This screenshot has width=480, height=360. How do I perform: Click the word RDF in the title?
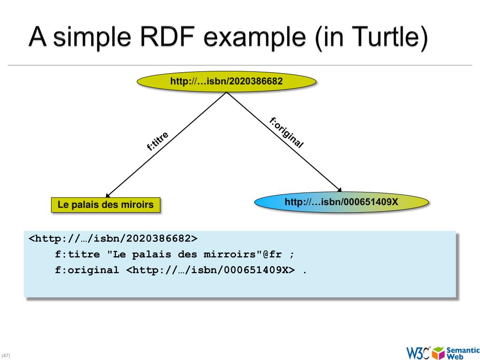[x=168, y=37]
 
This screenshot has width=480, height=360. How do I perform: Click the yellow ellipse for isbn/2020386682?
[x=227, y=81]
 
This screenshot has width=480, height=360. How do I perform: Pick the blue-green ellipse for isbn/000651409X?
[x=341, y=202]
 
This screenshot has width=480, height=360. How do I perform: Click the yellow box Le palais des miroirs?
[x=106, y=205]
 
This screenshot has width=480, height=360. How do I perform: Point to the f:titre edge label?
[x=157, y=141]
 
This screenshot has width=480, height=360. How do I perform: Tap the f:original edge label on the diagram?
[x=287, y=132]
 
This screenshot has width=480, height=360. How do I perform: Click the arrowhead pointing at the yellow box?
[x=107, y=195]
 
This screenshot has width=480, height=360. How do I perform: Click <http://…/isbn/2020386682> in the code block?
[x=113, y=238]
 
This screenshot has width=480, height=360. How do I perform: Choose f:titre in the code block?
[x=77, y=254]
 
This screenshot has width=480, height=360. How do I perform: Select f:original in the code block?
[x=87, y=270]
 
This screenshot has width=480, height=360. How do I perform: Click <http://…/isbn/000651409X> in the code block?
[x=211, y=270]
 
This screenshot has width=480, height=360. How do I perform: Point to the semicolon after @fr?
[x=292, y=255]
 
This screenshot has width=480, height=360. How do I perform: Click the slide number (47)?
[x=6, y=355]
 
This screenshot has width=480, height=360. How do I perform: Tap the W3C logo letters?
[x=419, y=353]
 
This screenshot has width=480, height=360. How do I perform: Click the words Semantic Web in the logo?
[x=463, y=353]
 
